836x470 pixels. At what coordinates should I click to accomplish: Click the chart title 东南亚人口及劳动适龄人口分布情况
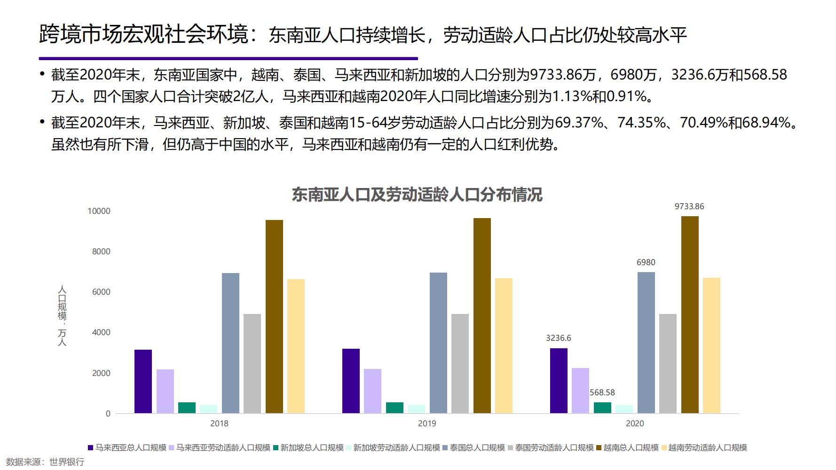(417, 195)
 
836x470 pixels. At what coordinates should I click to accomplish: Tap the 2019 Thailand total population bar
(438, 343)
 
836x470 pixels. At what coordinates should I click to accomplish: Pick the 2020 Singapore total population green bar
(602, 407)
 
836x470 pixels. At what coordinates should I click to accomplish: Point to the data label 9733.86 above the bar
(689, 206)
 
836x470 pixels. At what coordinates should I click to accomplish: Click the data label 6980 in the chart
(646, 262)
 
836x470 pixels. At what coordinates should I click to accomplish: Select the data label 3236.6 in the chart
(559, 338)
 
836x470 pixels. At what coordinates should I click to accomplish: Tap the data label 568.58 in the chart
(602, 392)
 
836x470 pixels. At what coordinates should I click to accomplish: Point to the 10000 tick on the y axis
(99, 211)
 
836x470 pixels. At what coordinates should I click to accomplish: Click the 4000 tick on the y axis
(101, 332)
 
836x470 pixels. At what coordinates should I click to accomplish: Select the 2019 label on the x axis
(427, 423)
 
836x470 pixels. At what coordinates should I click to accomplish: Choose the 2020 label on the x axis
(635, 423)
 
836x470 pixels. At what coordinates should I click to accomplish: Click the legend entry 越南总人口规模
(631, 447)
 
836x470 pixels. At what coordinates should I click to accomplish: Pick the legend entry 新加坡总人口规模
(312, 447)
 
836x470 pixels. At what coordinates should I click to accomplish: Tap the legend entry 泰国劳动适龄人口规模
(554, 447)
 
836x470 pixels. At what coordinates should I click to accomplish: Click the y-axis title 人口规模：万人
(62, 315)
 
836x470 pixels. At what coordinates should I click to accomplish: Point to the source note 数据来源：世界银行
(45, 462)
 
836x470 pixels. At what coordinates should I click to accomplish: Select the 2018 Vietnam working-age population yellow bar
(296, 346)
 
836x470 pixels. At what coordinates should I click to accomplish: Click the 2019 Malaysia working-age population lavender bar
(372, 391)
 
